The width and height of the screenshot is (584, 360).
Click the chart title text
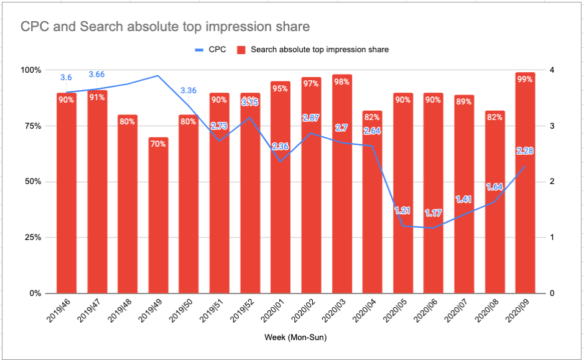click(165, 27)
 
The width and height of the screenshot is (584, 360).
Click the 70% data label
click(158, 144)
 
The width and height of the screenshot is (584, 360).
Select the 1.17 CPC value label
click(433, 213)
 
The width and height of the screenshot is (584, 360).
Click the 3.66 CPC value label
click(97, 75)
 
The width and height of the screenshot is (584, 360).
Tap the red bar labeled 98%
click(342, 187)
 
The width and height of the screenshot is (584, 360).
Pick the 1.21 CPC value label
click(403, 211)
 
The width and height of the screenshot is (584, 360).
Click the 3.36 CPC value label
click(188, 91)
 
